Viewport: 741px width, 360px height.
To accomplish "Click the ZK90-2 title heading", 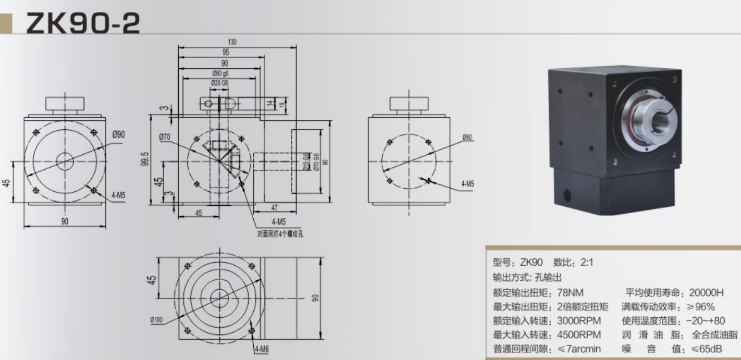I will point(82,23).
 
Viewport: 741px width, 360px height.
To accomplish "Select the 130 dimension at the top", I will point(232,42).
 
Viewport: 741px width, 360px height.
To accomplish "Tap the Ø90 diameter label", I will point(118,134).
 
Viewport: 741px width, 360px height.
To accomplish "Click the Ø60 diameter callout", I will point(467,137).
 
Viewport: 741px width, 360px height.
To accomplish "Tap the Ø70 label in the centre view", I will point(166,137).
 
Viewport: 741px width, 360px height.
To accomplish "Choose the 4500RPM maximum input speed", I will point(579,334).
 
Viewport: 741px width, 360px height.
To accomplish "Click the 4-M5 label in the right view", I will point(467,184).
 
